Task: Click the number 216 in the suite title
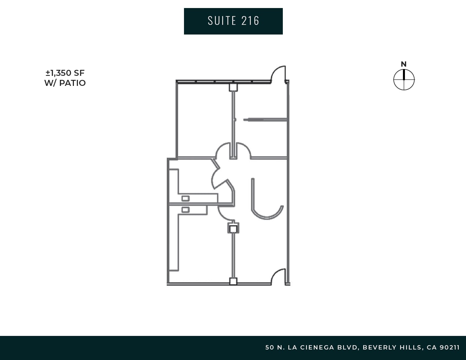point(251,21)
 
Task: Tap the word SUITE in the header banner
point(222,21)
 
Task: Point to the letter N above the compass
point(404,64)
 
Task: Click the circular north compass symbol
point(404,80)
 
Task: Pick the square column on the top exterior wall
point(233,87)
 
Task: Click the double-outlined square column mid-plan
point(233,228)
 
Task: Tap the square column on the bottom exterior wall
point(233,281)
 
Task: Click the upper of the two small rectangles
point(185,198)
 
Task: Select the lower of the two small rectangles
point(185,209)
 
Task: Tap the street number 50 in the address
point(269,348)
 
